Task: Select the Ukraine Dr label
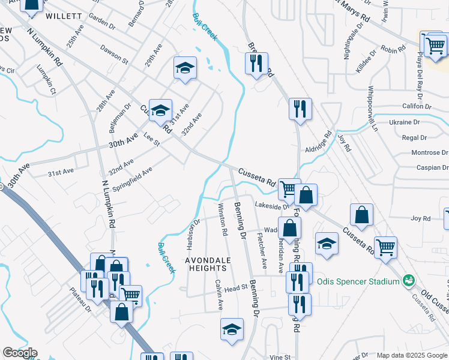[x=404, y=122]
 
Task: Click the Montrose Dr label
[x=426, y=153]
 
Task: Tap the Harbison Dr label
[x=192, y=235]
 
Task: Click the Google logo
[x=20, y=353]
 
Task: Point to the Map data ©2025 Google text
[x=411, y=355]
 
